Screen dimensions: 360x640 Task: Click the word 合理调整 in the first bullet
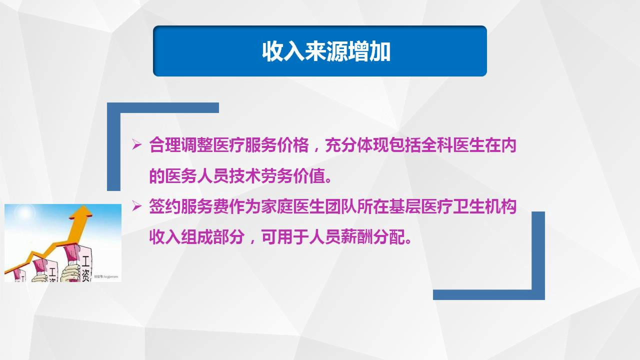(181, 146)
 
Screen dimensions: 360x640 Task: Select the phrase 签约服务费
(188, 206)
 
